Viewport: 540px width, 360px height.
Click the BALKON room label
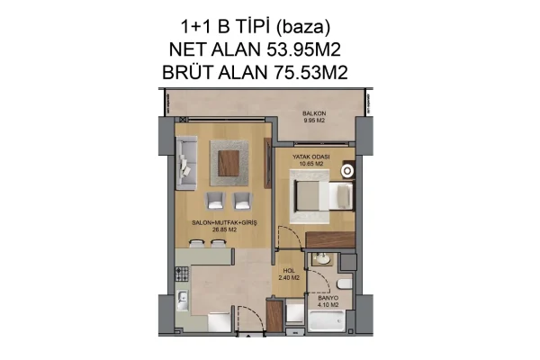312,113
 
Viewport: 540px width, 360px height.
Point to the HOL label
289,269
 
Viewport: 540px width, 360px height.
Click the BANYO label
327,298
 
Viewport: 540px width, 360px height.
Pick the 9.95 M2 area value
312,121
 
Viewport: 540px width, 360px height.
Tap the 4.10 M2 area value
327,305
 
